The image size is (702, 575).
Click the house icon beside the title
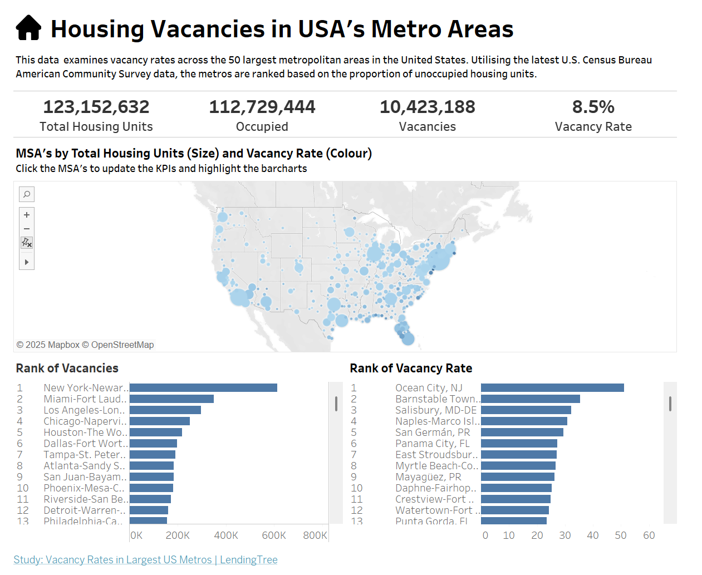[28, 28]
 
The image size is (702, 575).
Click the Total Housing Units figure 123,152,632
[96, 107]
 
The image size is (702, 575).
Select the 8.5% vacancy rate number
[593, 107]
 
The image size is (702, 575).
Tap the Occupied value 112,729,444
[262, 107]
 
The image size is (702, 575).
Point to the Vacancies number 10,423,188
[427, 107]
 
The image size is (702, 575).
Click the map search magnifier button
[27, 194]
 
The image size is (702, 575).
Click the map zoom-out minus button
[27, 229]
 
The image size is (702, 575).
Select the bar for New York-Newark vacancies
[203, 388]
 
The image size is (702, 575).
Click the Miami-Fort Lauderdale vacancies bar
[171, 399]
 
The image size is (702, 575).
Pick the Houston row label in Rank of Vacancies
[85, 433]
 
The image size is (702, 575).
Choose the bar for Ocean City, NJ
[552, 388]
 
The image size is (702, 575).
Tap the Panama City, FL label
[432, 444]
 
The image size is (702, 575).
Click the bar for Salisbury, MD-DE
[526, 410]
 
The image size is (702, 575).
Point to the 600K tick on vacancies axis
[274, 535]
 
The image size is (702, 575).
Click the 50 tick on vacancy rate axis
[621, 535]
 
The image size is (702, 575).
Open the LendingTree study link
[145, 560]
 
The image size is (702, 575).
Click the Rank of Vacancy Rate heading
[411, 368]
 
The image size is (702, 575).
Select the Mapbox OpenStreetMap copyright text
[85, 345]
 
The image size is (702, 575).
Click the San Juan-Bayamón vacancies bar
[151, 477]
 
